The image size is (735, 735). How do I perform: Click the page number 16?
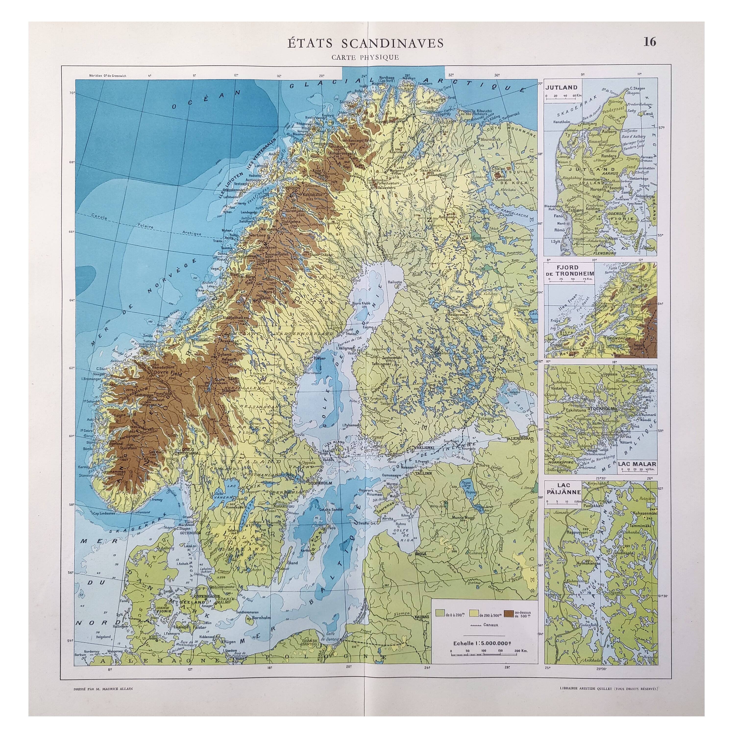(650, 42)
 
